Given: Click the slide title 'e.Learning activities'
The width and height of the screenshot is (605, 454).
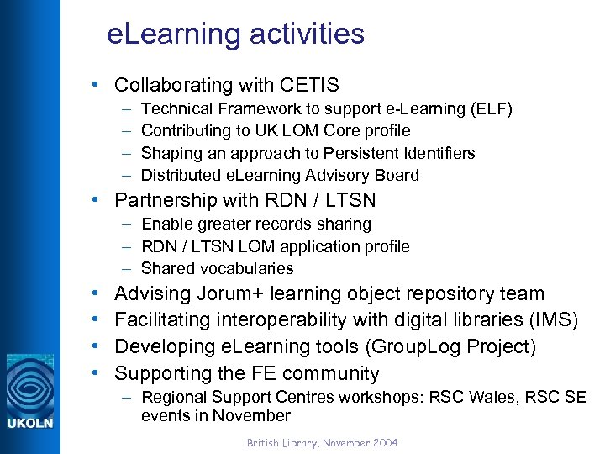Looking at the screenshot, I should tap(236, 34).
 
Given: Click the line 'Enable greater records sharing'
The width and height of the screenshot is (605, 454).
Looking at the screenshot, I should tap(256, 224).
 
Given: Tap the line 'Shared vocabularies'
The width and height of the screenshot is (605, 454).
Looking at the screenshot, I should tap(218, 268).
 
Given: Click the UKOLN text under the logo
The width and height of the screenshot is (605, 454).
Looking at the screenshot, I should tap(30, 423).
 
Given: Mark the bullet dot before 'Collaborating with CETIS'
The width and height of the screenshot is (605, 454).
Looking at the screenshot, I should tap(98, 85).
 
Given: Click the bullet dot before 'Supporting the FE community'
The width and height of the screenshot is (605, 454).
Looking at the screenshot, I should tap(98, 373).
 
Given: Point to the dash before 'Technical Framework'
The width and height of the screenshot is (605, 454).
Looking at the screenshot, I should tap(125, 108).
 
